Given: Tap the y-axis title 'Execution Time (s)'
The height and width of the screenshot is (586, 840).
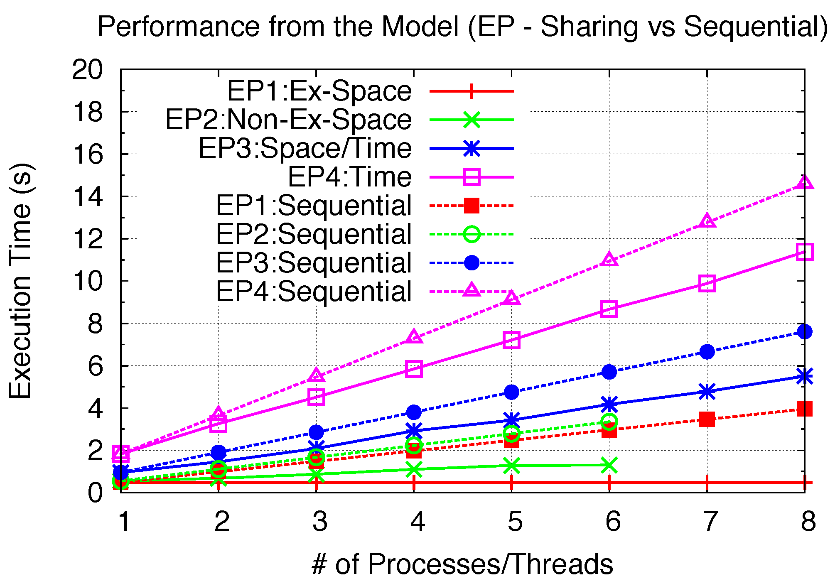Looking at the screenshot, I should (21, 281).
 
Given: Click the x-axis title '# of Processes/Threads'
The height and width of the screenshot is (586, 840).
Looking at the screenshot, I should (462, 564).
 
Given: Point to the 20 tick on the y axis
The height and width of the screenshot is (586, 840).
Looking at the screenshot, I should (87, 69).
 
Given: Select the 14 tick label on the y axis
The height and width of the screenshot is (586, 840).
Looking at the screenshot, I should (87, 196).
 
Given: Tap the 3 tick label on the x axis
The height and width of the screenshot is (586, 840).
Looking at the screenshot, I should (319, 521).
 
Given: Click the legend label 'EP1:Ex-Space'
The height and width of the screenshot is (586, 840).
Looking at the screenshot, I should (319, 91).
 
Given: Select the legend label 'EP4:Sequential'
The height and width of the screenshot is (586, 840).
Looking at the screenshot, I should (314, 292).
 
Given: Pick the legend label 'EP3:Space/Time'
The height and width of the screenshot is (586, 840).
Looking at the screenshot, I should (305, 148).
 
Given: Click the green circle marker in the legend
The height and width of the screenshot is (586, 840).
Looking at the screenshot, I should (472, 234).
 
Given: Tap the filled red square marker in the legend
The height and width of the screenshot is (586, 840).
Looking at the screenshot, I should (472, 206).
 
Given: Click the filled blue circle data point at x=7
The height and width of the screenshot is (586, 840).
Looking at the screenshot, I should (707, 352).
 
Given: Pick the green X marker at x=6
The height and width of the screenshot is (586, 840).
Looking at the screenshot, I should (609, 465).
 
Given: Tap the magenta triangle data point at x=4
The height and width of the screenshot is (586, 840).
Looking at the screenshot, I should (414, 337).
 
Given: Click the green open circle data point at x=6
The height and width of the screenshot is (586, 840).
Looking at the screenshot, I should (609, 422).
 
